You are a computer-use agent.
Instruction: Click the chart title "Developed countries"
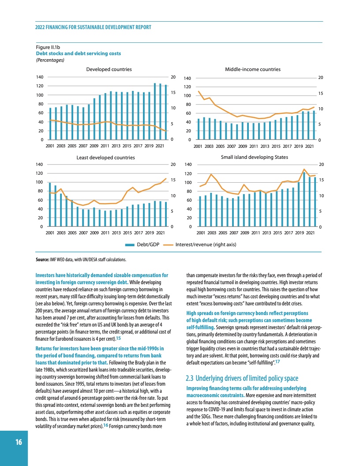point(109,69)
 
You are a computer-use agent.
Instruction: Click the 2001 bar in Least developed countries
point(50,204)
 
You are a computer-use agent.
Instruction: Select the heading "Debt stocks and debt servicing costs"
point(79,53)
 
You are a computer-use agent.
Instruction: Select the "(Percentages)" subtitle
point(50,60)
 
